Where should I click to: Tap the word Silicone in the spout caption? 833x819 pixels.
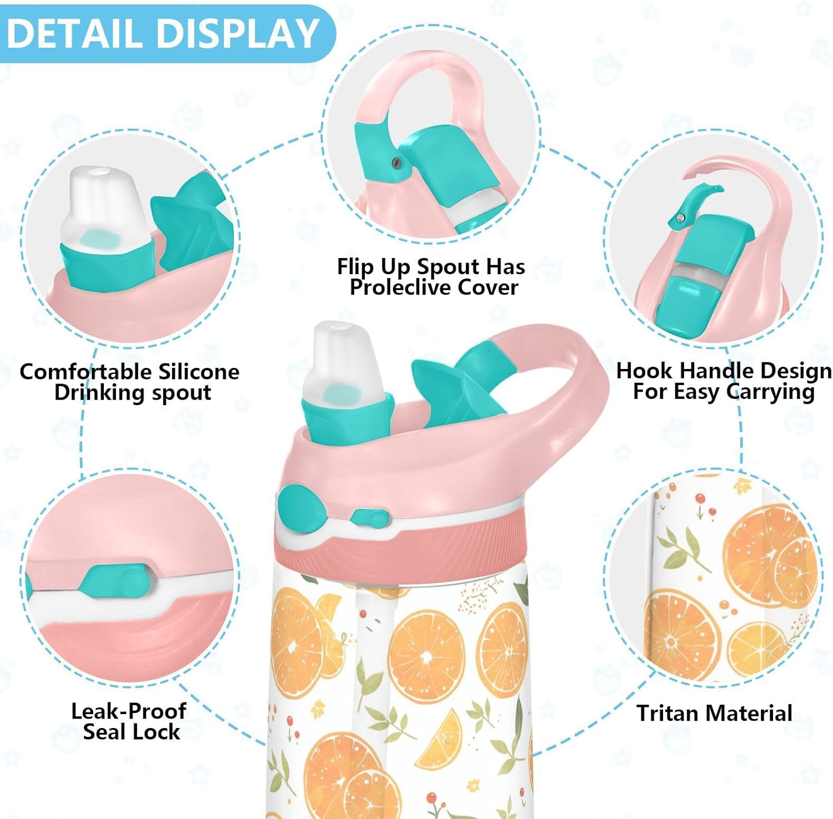pyautogui.click(x=198, y=371)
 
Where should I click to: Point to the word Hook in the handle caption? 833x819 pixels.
pyautogui.click(x=645, y=370)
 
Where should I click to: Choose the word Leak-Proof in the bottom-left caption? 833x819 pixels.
pyautogui.click(x=129, y=711)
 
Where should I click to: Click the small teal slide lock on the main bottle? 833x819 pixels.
pyautogui.click(x=369, y=518)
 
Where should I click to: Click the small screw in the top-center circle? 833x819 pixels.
pyautogui.click(x=396, y=162)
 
